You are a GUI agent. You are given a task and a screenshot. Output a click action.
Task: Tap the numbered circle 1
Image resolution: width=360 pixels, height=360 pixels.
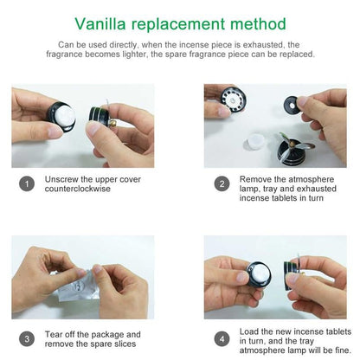pyautogui.click(x=28, y=183)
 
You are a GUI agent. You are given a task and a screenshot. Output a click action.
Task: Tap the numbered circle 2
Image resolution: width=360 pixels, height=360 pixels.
pyautogui.click(x=222, y=183)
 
